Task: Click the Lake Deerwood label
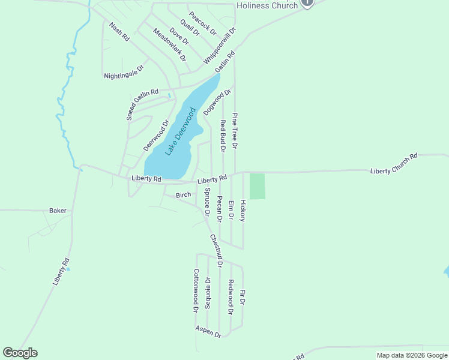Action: pos(181,131)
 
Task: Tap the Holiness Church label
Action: pos(267,5)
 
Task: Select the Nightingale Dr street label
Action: pos(124,72)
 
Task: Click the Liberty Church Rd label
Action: pos(394,164)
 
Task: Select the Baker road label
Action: pos(58,211)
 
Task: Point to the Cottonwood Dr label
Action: pos(196,290)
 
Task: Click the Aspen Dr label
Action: pos(208,331)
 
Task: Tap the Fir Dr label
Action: pos(243,298)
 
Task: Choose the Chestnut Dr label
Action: pos(216,250)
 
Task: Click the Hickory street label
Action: pos(243,211)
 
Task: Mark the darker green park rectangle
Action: pos(257,186)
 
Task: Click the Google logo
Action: pos(20,353)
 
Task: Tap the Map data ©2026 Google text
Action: pos(411,355)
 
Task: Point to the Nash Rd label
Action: pos(119,32)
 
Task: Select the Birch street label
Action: pos(183,195)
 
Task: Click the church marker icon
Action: pos(307,2)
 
